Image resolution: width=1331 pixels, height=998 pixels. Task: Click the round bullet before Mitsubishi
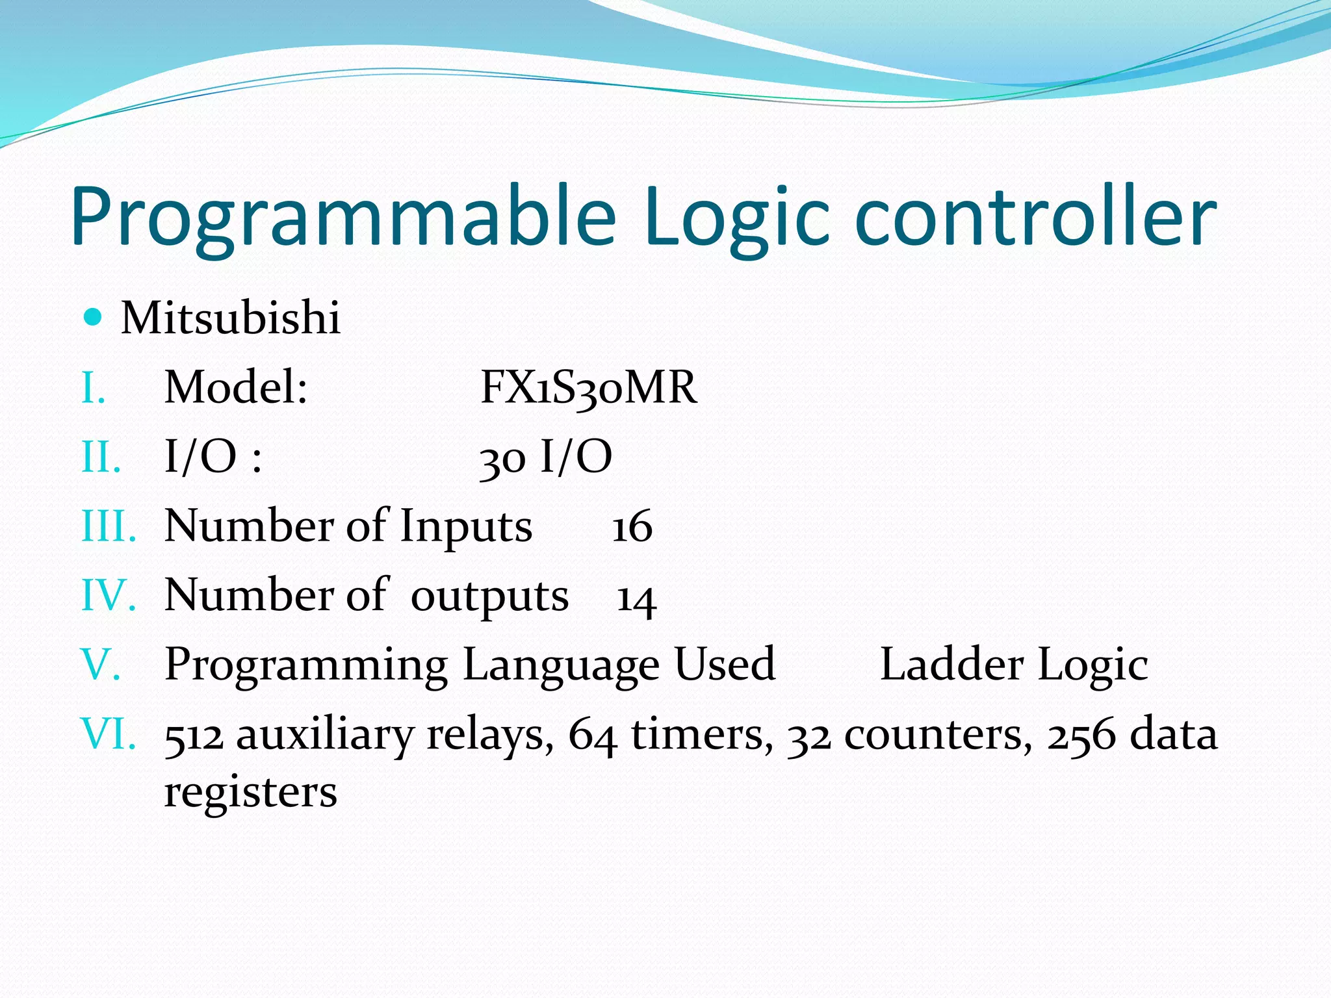(x=94, y=317)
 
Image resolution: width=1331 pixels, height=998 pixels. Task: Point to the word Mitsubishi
(x=231, y=318)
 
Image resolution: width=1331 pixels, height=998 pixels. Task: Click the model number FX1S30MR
(x=588, y=388)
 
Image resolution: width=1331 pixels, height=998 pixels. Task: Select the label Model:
(x=235, y=387)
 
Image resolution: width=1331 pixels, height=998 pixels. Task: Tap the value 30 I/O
(x=545, y=457)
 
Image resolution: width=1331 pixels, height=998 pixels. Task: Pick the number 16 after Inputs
(x=632, y=526)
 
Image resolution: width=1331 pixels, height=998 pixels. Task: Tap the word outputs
(x=489, y=597)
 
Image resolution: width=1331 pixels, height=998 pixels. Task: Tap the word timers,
(x=702, y=735)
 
